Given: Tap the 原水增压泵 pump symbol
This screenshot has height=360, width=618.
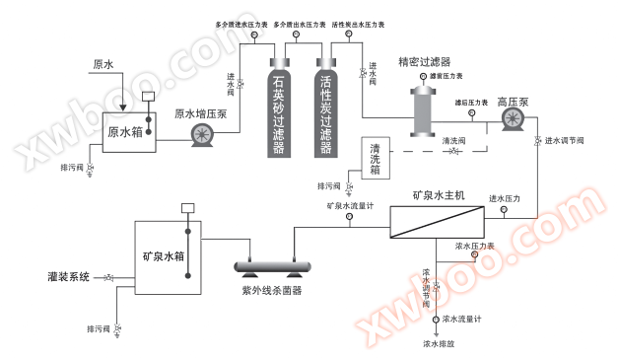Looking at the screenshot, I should coord(205,137).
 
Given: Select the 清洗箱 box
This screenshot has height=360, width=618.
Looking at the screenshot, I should coord(376,158).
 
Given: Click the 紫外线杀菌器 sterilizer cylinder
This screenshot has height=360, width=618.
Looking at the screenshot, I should coord(272,265).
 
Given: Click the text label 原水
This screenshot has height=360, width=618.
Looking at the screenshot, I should coord(103,66).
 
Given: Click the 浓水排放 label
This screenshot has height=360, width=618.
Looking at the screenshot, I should coord(440,344).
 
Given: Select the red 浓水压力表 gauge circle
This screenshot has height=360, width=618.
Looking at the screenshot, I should coord(474,255).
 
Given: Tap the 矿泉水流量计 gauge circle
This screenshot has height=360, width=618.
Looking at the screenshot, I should coord(349,220).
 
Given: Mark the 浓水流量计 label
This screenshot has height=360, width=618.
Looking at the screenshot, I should coord(461,319).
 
